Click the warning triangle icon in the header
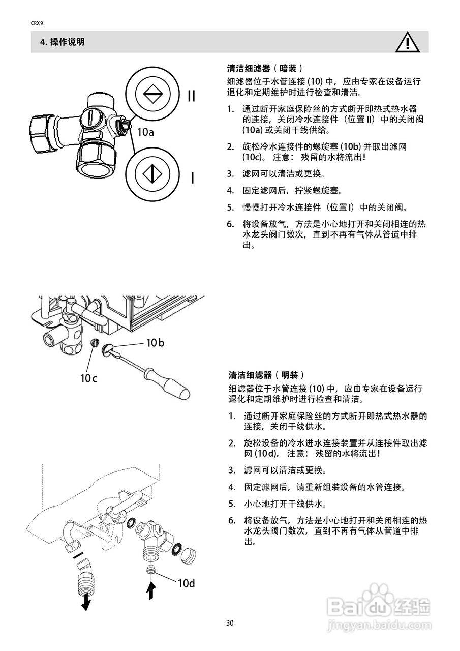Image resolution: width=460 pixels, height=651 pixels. (408, 43)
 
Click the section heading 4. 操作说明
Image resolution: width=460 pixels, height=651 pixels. (62, 42)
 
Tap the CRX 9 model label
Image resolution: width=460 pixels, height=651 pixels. (37, 22)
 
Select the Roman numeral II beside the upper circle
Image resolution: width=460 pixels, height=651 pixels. (191, 96)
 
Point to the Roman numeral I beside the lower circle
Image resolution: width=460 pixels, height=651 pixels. (192, 178)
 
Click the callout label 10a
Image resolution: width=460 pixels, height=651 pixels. (145, 132)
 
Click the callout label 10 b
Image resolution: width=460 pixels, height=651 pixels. (155, 343)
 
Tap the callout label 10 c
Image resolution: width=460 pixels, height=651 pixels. (88, 378)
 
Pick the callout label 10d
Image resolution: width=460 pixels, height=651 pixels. (186, 583)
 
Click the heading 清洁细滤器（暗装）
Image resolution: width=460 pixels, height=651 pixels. (265, 68)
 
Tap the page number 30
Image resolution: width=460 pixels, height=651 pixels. (230, 623)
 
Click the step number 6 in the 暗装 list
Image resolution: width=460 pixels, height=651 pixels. (230, 224)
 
